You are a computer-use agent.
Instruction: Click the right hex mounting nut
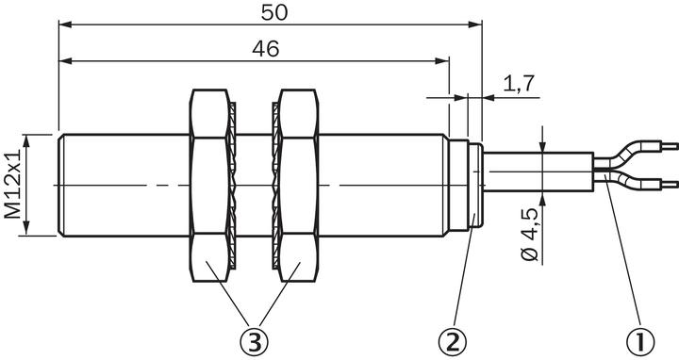click(x=298, y=185)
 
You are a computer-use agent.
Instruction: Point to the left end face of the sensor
click(x=59, y=185)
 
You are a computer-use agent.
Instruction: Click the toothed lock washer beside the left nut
click(x=230, y=185)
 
